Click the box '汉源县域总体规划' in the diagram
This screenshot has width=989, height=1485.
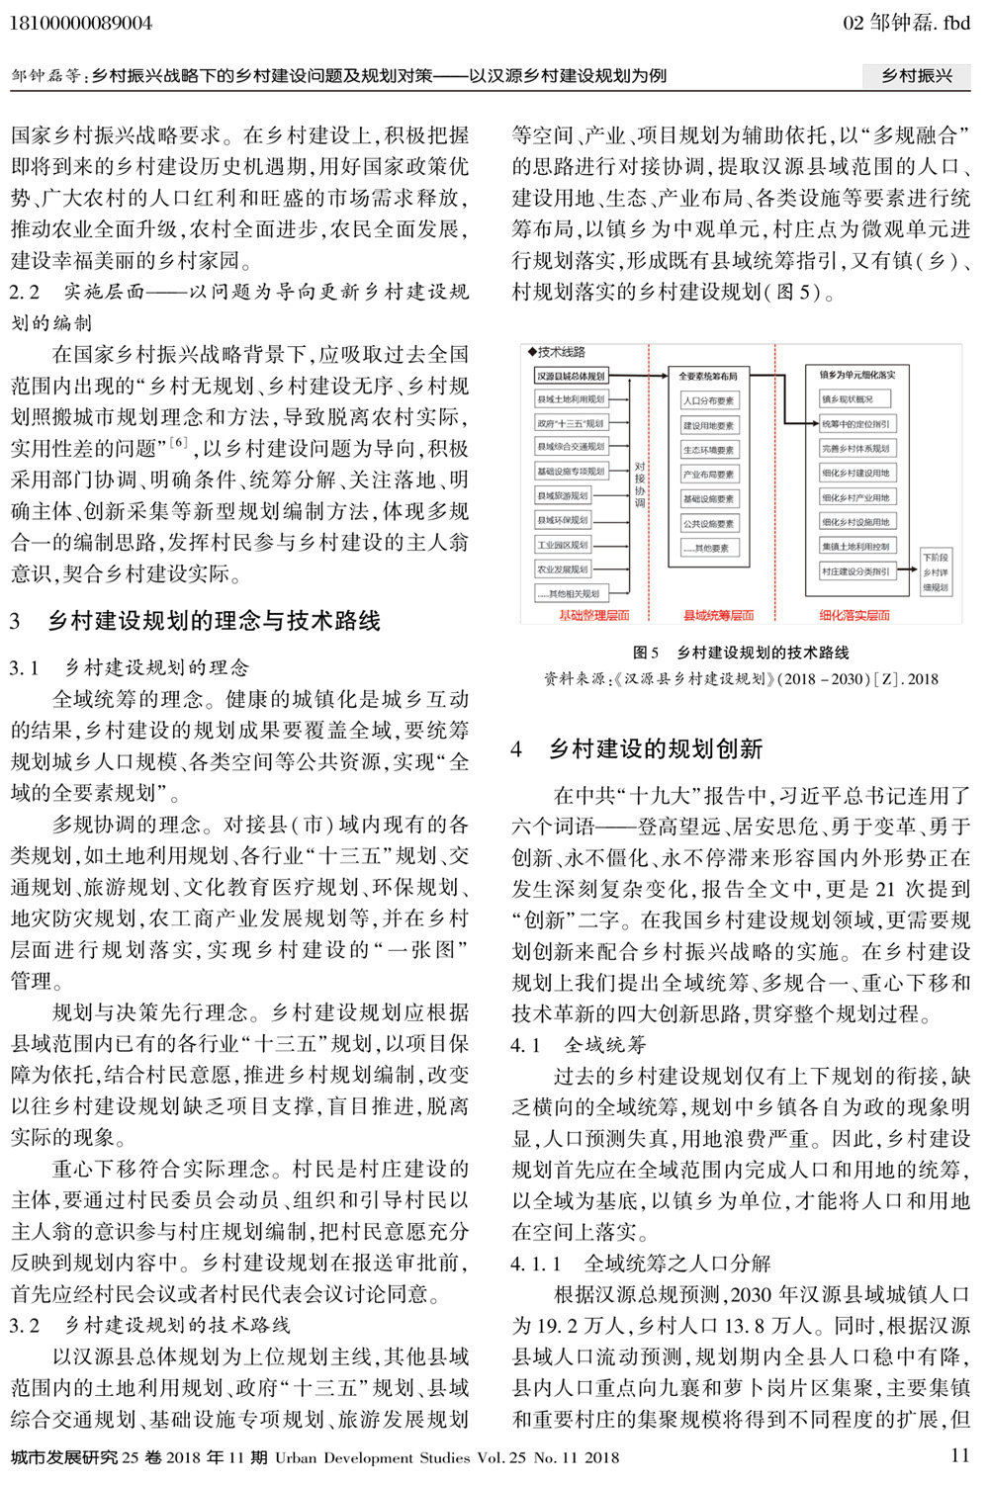(571, 376)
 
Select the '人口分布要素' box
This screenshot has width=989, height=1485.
(708, 400)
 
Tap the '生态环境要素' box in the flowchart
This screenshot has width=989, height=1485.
(708, 450)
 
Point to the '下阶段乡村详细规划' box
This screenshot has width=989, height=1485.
(935, 572)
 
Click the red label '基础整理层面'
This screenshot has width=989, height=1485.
(594, 615)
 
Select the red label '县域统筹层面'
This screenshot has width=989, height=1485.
(718, 615)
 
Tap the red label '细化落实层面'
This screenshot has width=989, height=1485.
(854, 615)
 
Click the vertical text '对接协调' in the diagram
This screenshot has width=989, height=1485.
(640, 484)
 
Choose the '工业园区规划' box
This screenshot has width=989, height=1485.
(563, 545)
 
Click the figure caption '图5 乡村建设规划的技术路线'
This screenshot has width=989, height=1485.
(741, 653)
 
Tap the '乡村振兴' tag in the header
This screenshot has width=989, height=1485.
(917, 76)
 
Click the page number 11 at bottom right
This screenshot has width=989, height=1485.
(959, 1455)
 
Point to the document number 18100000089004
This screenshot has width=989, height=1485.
(81, 23)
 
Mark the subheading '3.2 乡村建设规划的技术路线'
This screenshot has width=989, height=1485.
(150, 1325)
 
